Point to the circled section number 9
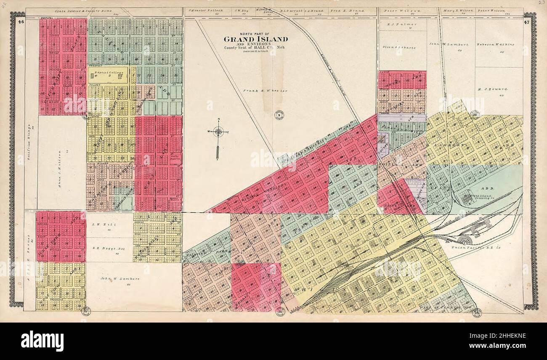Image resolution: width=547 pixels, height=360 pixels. click(x=278, y=114)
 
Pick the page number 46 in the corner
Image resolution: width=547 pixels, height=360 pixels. click(x=21, y=21)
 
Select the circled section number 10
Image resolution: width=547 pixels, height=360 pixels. click(x=475, y=114)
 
